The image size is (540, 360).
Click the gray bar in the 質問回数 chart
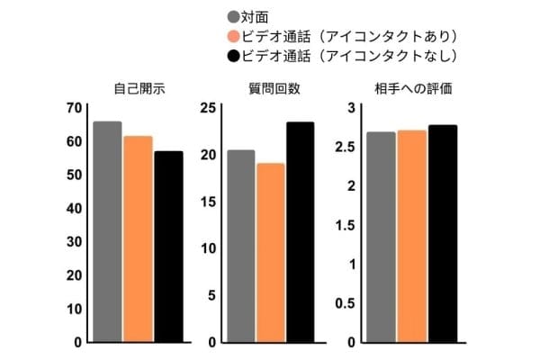240,247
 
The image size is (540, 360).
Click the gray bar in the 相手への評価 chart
381,238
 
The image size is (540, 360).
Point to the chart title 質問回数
271,89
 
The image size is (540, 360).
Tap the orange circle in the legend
234,37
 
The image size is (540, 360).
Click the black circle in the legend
234,57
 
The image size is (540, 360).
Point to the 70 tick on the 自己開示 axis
74,108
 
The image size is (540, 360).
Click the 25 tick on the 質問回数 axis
207,108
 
